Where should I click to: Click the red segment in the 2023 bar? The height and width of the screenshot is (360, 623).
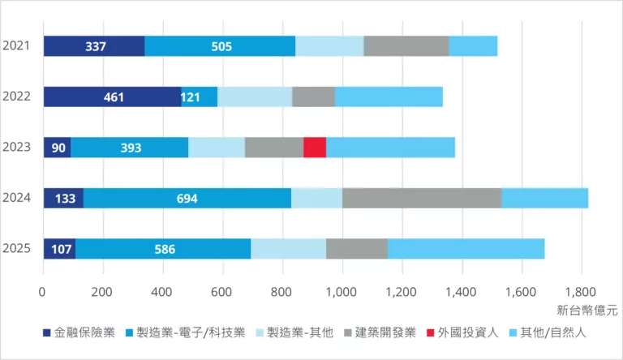[x=315, y=148]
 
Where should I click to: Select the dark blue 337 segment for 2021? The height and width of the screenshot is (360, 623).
[x=94, y=46]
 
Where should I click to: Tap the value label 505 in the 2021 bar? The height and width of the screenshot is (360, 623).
[x=221, y=46]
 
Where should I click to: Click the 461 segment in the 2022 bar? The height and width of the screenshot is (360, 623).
[x=114, y=97]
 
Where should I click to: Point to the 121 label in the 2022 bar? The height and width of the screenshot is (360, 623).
[x=191, y=97]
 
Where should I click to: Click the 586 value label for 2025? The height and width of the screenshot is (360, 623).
[x=165, y=249]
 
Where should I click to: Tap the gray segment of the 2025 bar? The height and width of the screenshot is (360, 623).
[x=357, y=249]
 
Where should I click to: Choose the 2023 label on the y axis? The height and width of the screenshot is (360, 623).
[x=16, y=148]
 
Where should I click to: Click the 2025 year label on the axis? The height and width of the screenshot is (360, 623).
[x=16, y=249]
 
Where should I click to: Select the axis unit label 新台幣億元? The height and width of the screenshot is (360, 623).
[x=587, y=310]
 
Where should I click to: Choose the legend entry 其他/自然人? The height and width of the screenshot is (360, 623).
[x=555, y=333]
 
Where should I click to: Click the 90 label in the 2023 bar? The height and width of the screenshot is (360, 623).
[x=58, y=148]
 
